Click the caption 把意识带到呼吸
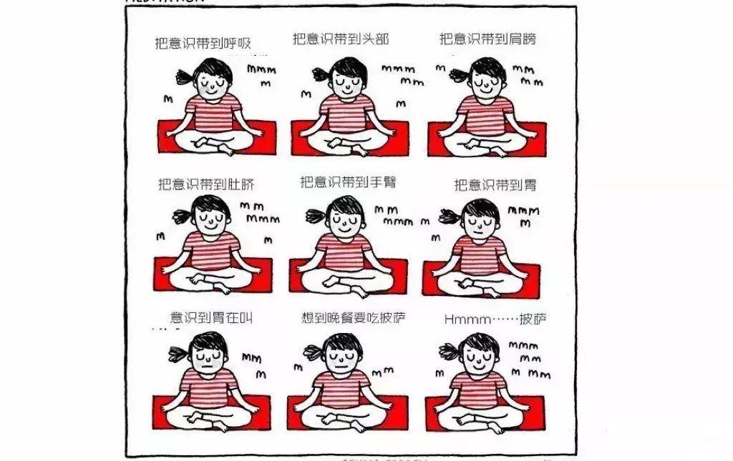[203, 44]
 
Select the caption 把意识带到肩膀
[487, 39]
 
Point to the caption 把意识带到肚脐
[206, 184]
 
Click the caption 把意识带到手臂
[348, 182]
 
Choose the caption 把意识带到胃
[495, 185]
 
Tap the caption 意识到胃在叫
[211, 317]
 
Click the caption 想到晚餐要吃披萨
[354, 317]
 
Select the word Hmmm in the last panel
[465, 319]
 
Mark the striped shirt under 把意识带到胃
[479, 254]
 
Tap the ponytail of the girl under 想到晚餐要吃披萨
[314, 352]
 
